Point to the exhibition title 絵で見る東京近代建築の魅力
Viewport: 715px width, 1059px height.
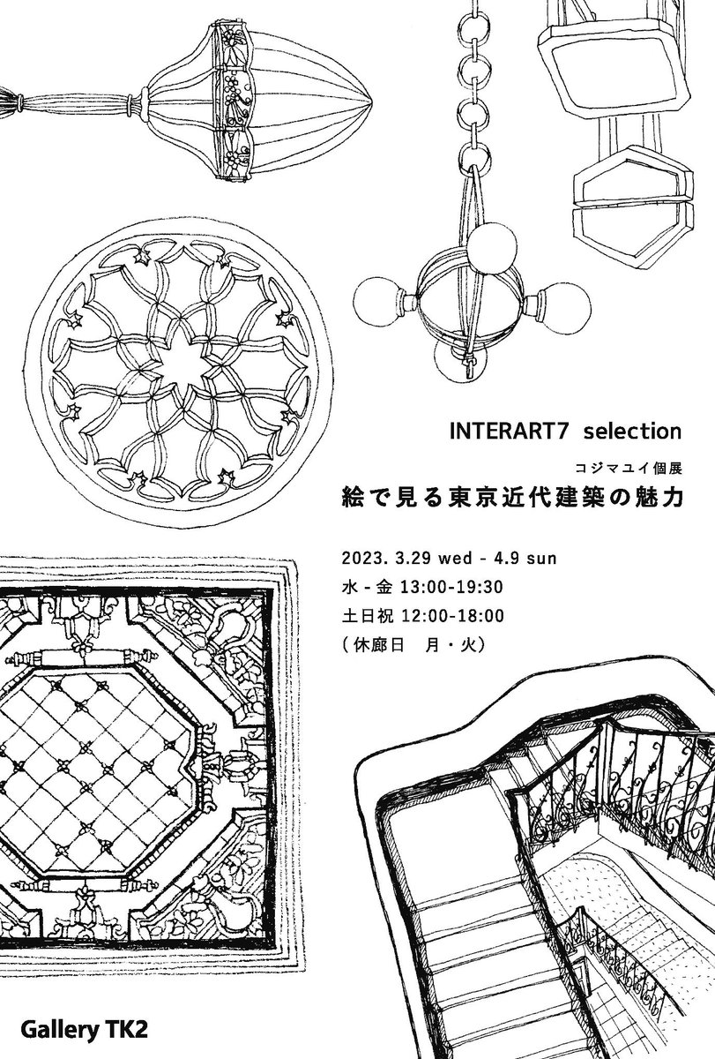[513, 497]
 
